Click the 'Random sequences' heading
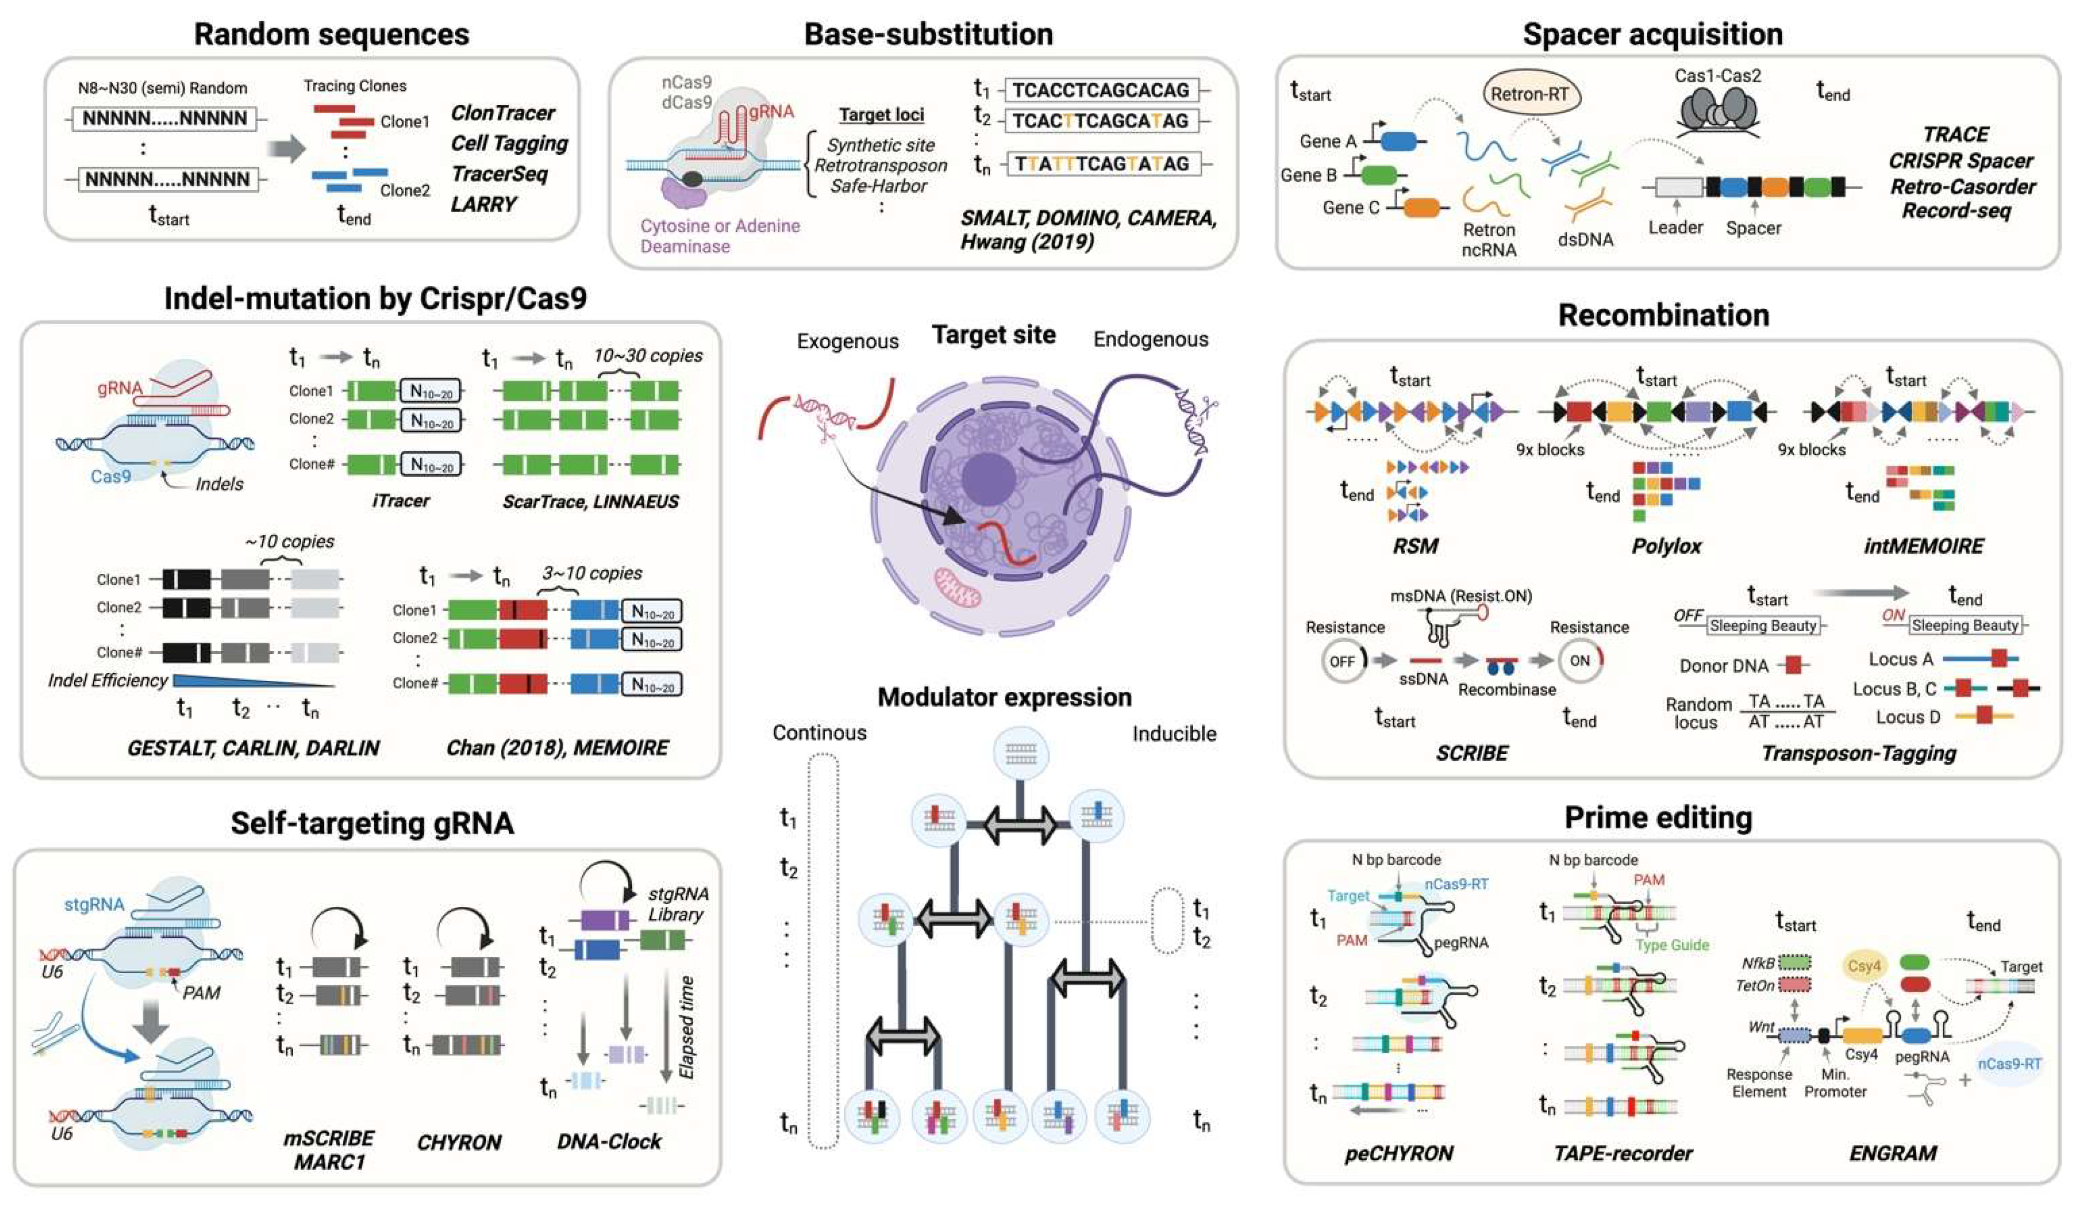tap(331, 35)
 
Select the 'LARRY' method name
tap(483, 203)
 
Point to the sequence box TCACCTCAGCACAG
tap(1101, 90)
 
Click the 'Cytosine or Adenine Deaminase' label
tap(719, 236)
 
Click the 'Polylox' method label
tap(1666, 546)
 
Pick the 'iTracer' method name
tap(400, 501)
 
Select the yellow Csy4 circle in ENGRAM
tap(1863, 965)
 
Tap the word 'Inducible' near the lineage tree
tap(1174, 733)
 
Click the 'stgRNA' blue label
tap(94, 904)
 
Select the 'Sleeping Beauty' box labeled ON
tap(1965, 625)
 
